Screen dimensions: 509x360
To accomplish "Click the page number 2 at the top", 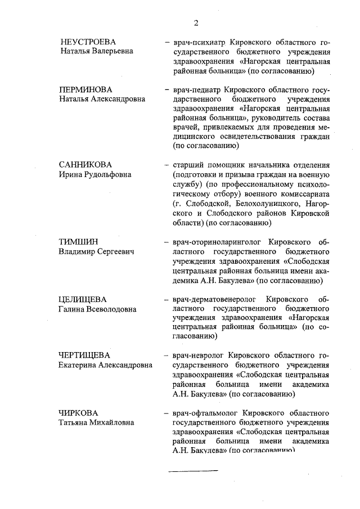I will click(196, 23).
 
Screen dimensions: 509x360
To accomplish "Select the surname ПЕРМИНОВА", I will click(86, 89).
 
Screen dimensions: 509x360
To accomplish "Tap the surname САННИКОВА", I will click(86, 165).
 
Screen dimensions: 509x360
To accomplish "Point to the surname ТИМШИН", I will click(78, 242).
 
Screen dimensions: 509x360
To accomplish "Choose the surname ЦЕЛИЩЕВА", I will click(83, 299).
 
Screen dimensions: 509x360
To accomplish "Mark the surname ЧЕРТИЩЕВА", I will click(84, 355).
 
